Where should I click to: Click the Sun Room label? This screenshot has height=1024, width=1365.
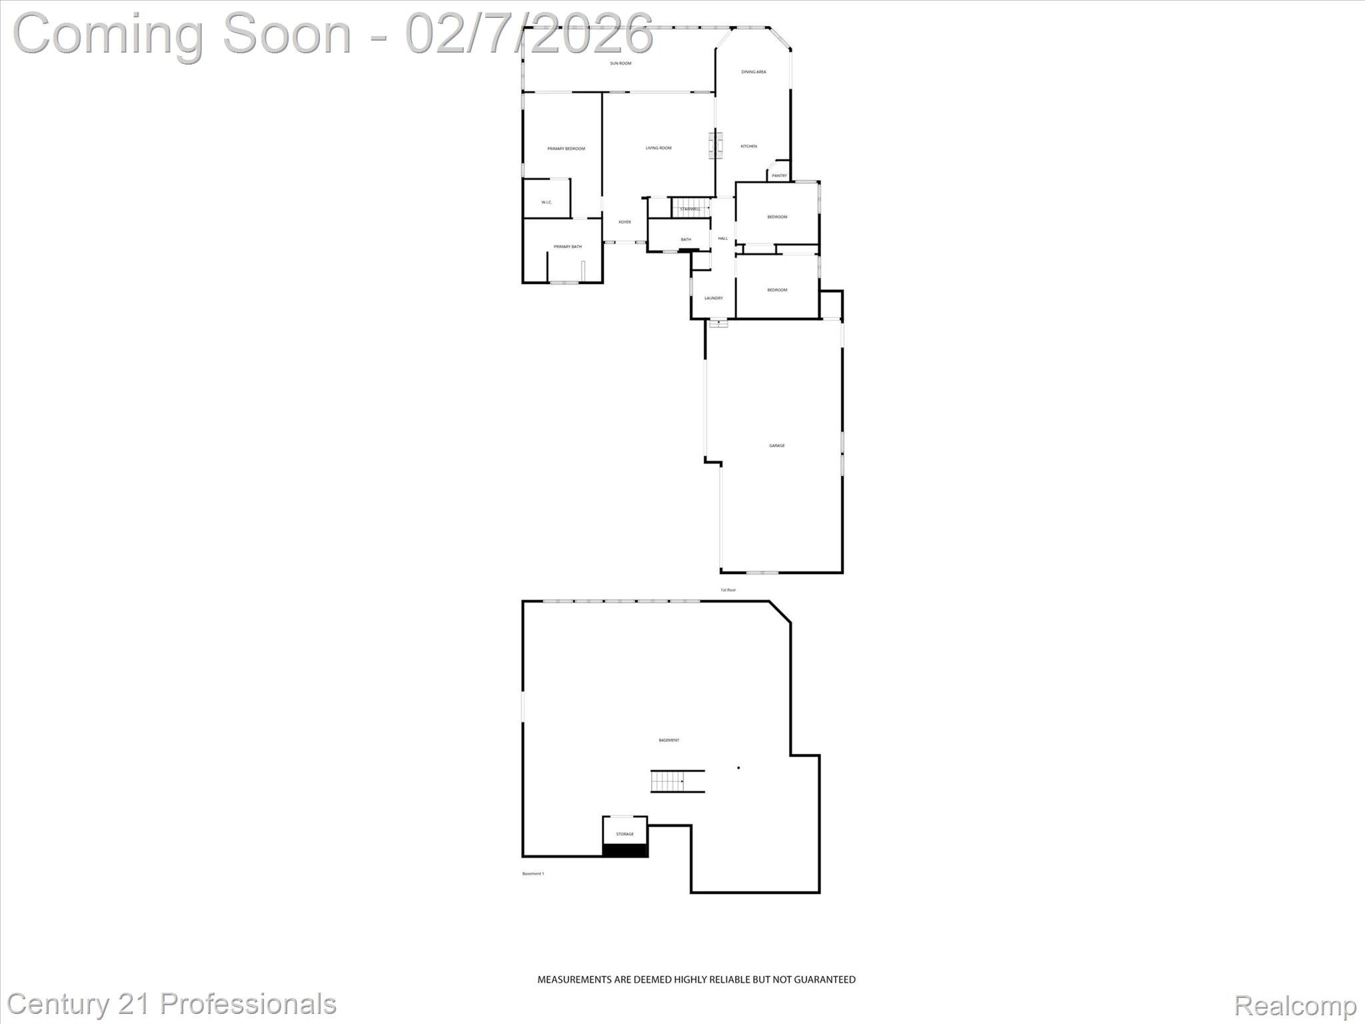point(621,63)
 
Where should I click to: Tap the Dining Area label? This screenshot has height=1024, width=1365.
point(753,72)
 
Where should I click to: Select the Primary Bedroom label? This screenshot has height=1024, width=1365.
point(566,149)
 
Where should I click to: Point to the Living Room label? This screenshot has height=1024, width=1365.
point(659,148)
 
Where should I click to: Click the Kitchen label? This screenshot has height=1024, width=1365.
point(748,146)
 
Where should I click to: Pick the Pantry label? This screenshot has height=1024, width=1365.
point(779,176)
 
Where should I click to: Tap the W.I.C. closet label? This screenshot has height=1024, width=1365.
point(547,202)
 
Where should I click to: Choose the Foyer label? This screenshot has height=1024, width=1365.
point(625,222)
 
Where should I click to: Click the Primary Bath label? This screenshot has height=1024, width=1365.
point(567,247)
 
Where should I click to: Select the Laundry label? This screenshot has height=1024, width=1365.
point(713,298)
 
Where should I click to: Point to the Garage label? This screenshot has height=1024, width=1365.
point(776,445)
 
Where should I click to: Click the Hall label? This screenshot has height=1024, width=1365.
point(722,238)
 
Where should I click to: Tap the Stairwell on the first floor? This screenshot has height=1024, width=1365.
point(690,209)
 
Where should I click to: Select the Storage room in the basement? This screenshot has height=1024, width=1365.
point(625,834)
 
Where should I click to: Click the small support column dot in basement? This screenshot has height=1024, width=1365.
point(738,768)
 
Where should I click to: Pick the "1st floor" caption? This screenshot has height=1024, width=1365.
point(728,590)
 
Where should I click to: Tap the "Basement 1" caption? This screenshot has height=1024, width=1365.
point(533,873)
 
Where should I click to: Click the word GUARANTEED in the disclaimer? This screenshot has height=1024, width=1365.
point(823,979)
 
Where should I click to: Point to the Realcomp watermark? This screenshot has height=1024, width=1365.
point(1295,1005)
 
